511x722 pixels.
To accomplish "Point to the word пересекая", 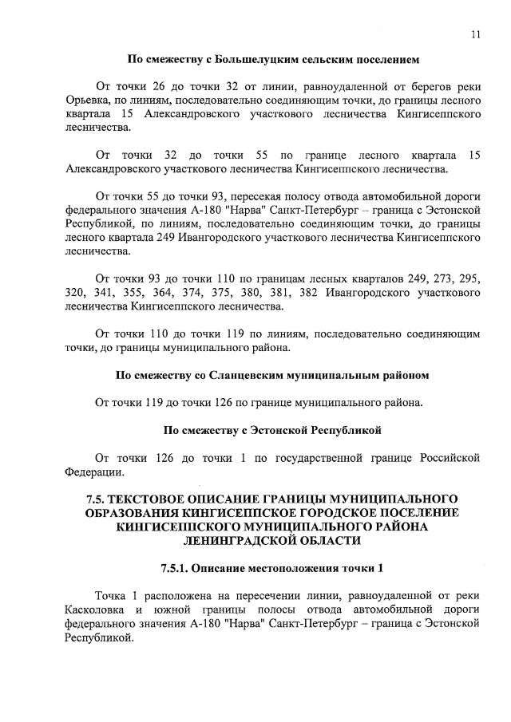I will click(259, 195).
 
